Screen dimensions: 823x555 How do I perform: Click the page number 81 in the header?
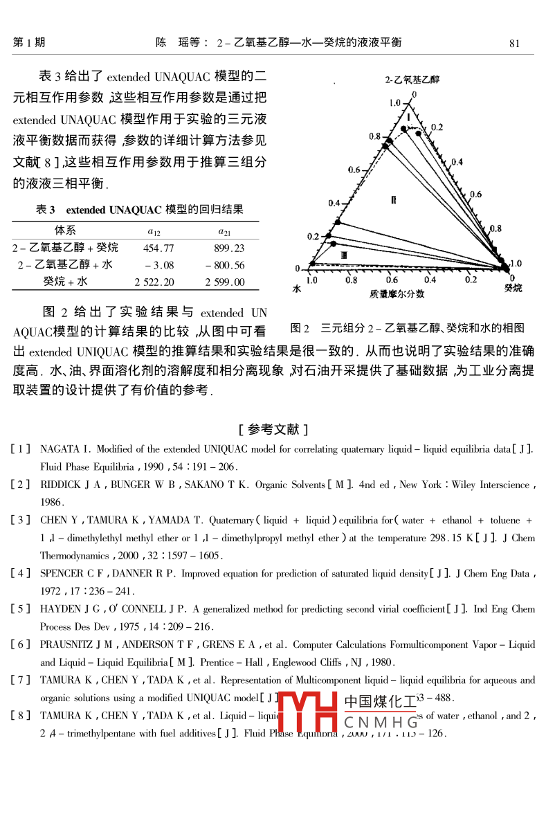[514, 43]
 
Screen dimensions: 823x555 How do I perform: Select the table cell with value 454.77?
[158, 248]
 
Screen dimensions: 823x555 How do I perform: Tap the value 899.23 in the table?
[229, 248]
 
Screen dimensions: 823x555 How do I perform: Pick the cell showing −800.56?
[225, 265]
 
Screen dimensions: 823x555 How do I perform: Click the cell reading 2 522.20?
[154, 282]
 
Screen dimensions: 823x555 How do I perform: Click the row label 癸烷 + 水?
[66, 282]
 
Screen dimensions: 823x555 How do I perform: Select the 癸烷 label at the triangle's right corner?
[513, 287]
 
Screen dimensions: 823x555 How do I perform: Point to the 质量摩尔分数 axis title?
[397, 293]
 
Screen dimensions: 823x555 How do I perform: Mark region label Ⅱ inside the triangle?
[394, 199]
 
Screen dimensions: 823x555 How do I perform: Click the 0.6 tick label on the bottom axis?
[391, 280]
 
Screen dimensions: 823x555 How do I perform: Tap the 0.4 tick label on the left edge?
[334, 203]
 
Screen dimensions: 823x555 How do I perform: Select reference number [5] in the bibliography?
[20, 609]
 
